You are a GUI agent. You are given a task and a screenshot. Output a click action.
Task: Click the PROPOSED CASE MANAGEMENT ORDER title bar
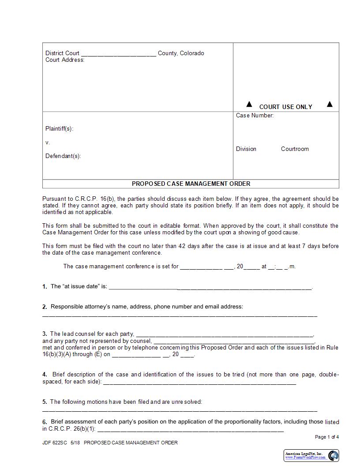tap(191, 184)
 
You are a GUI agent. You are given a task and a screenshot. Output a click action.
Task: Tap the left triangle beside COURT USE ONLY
tap(249, 104)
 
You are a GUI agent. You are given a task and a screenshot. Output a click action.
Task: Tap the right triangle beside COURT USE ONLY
tap(329, 104)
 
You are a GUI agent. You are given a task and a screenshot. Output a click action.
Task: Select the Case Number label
tap(255, 116)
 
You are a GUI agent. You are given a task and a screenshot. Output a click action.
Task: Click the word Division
tap(246, 149)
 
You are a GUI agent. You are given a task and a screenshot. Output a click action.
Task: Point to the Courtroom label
tap(295, 149)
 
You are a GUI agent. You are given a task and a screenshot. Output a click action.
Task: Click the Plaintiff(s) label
tap(59, 129)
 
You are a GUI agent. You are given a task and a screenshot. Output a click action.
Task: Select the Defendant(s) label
tap(63, 156)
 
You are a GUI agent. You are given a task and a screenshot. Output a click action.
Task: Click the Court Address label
tap(65, 60)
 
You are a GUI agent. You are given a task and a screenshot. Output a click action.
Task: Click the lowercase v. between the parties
tap(48, 143)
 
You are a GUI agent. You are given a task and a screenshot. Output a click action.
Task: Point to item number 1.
tap(45, 287)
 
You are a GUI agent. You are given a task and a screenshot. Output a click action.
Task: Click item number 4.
tap(45, 375)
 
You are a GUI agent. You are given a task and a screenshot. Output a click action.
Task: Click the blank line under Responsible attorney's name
tap(180, 316)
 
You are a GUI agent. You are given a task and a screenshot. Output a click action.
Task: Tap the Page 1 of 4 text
tap(327, 437)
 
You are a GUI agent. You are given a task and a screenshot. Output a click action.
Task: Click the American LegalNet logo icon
tap(333, 455)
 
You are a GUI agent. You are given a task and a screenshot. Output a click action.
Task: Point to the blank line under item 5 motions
tap(180, 411)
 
